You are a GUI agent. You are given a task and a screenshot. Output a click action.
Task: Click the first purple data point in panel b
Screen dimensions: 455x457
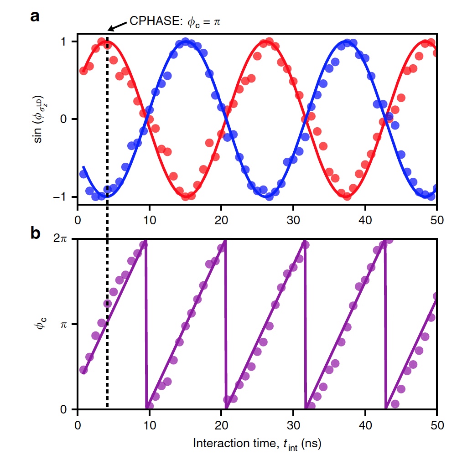(83, 370)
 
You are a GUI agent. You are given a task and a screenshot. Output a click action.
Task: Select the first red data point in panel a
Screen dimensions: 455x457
(83, 71)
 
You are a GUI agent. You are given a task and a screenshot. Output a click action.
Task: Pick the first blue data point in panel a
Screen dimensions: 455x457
(83, 174)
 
